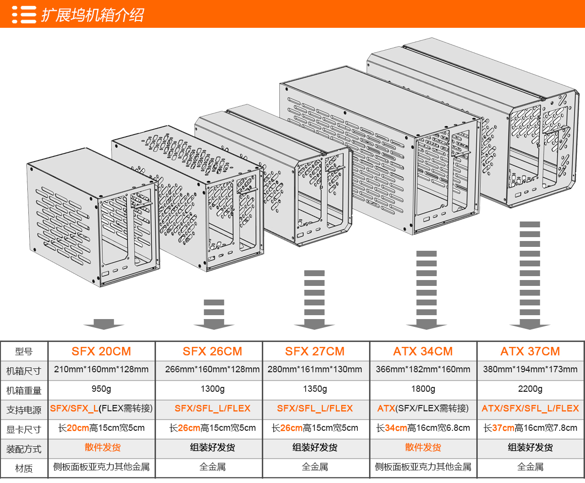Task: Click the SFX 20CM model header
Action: (x=101, y=351)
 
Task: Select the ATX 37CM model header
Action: (x=530, y=351)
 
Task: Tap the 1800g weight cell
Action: (x=423, y=389)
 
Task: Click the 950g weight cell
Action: (x=101, y=389)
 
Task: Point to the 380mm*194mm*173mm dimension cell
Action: (x=530, y=369)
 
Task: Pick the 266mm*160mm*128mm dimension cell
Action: (x=212, y=369)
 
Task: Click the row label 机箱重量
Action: (x=24, y=390)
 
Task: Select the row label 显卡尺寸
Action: (x=24, y=429)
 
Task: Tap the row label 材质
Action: (x=24, y=468)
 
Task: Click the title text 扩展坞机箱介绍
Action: (x=92, y=15)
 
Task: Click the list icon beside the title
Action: (x=24, y=15)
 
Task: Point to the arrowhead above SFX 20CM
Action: (x=103, y=324)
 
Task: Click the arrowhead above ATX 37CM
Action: (x=530, y=324)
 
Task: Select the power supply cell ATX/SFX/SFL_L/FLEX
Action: (x=530, y=408)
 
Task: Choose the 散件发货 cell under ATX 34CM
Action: (x=423, y=447)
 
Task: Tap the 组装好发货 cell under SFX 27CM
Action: (x=315, y=447)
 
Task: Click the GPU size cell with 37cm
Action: (x=530, y=428)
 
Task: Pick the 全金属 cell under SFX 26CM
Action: (x=212, y=467)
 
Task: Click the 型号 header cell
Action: (x=24, y=351)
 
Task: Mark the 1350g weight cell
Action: (x=315, y=389)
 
